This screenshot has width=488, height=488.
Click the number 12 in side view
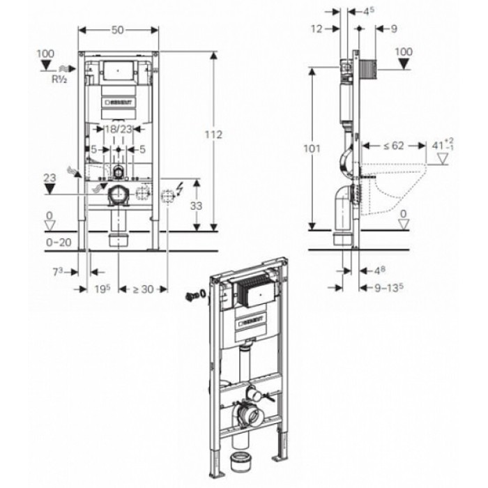click(318, 29)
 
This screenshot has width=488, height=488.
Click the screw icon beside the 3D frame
click(190, 295)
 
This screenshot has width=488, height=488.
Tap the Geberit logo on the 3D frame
click(253, 321)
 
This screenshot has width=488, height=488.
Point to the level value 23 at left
click(48, 178)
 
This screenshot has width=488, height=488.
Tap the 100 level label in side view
click(404, 52)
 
